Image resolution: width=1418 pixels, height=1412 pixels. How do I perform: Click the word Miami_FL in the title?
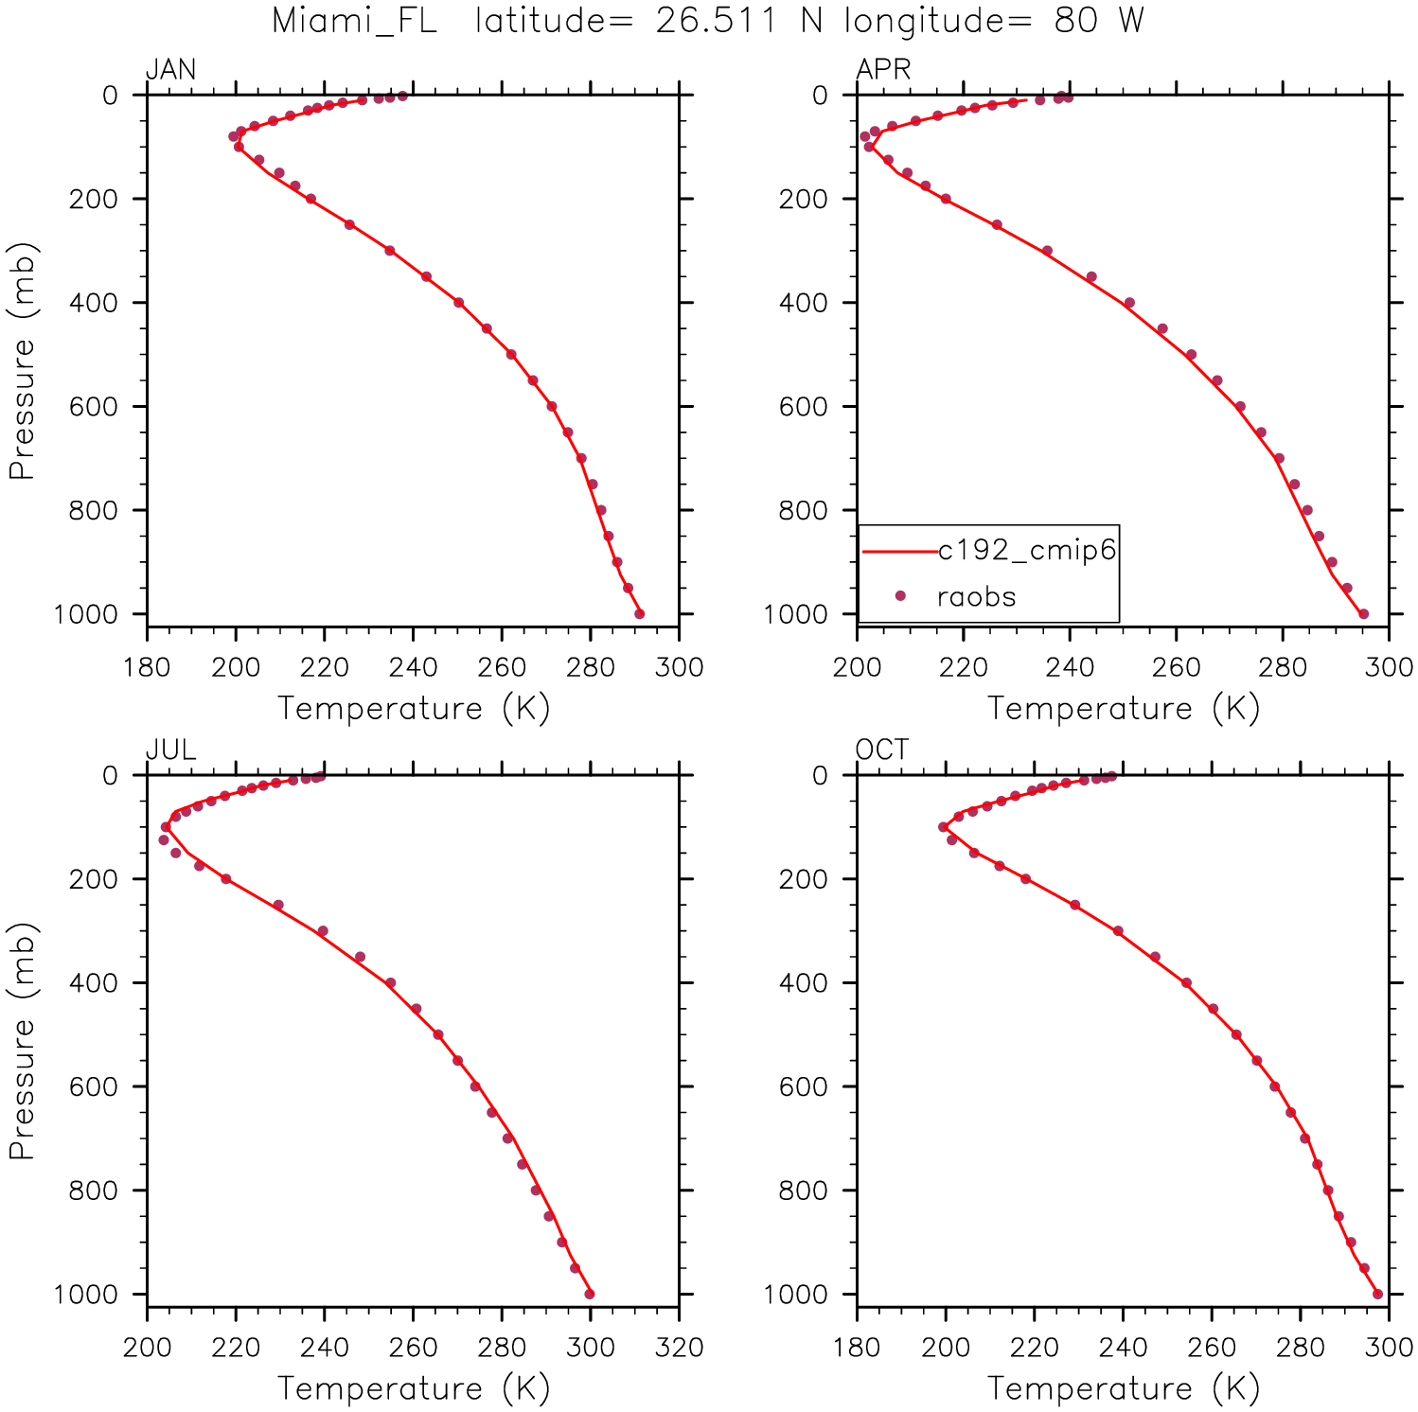point(354,21)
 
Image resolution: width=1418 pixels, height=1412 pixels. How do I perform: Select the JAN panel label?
point(170,70)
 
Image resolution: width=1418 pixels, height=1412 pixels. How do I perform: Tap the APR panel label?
point(883,70)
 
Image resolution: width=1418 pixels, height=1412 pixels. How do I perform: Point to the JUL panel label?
point(170,750)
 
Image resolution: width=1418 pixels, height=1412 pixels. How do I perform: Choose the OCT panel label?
point(881,750)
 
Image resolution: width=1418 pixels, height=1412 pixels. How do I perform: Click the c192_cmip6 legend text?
point(1027,550)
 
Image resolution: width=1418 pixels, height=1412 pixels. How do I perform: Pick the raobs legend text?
point(976,597)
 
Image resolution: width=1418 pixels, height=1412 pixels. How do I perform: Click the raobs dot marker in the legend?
point(900,596)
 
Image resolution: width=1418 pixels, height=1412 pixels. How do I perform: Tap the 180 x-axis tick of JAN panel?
point(147,667)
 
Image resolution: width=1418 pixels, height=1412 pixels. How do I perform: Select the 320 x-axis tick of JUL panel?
point(679,1348)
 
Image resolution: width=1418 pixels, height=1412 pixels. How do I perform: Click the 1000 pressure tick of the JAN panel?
point(86,614)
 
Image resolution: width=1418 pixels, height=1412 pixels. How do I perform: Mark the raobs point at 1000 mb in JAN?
point(640,614)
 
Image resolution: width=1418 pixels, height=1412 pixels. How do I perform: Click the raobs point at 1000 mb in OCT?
point(1378,1294)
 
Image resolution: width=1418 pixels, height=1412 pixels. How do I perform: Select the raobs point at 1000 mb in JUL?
point(590,1294)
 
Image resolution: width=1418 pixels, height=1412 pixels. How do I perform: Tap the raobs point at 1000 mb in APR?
point(1363,614)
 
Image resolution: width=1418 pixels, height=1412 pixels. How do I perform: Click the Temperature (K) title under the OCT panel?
point(1123,1388)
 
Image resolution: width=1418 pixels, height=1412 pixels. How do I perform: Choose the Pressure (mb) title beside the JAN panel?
point(22,362)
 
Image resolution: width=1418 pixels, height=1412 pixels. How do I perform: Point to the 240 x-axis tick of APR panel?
point(1070,667)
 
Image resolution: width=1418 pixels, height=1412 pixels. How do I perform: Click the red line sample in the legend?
point(898,551)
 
